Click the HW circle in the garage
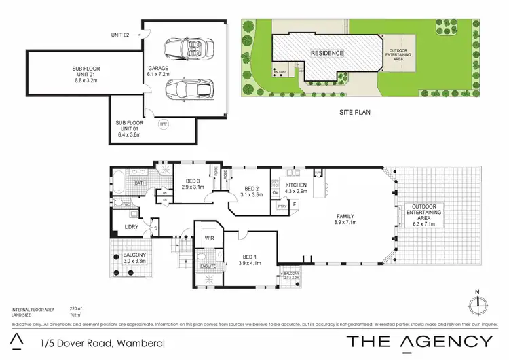tap(164, 124)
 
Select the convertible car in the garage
tap(185, 49)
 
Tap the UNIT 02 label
tap(121, 35)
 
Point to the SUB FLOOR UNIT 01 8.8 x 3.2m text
tap(86, 73)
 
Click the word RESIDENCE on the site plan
tap(328, 53)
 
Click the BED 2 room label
tap(252, 192)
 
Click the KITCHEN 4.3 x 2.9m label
tap(297, 188)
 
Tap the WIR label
tap(209, 239)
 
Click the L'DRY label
tap(131, 227)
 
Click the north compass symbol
tap(478, 301)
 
